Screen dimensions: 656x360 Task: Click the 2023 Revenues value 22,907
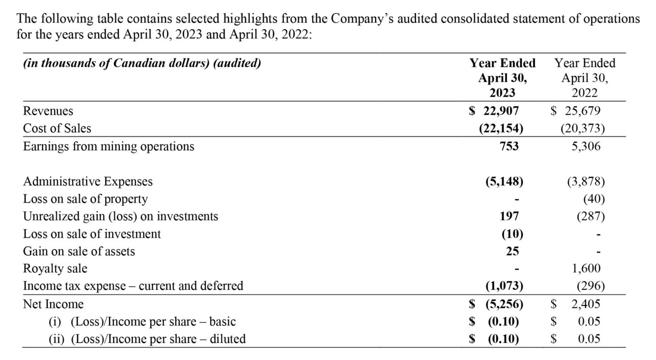(501, 111)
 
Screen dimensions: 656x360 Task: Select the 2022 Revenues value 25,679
(583, 111)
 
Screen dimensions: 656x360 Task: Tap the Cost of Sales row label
(57, 128)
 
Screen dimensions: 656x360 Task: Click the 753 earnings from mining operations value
(509, 146)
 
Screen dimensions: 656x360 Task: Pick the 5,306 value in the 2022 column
(586, 146)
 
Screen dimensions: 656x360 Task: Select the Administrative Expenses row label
(88, 182)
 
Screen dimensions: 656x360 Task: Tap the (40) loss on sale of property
(594, 199)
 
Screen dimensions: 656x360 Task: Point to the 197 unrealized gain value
(509, 216)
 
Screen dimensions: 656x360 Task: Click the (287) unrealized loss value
(591, 216)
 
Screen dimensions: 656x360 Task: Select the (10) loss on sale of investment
(512, 234)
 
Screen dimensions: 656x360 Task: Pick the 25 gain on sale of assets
(512, 251)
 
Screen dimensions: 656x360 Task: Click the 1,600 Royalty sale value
(586, 268)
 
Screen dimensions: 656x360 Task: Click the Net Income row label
(53, 304)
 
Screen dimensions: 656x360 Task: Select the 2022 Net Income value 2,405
(586, 304)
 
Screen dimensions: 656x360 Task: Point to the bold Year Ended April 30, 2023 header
(503, 78)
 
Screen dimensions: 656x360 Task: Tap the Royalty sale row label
(55, 269)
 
